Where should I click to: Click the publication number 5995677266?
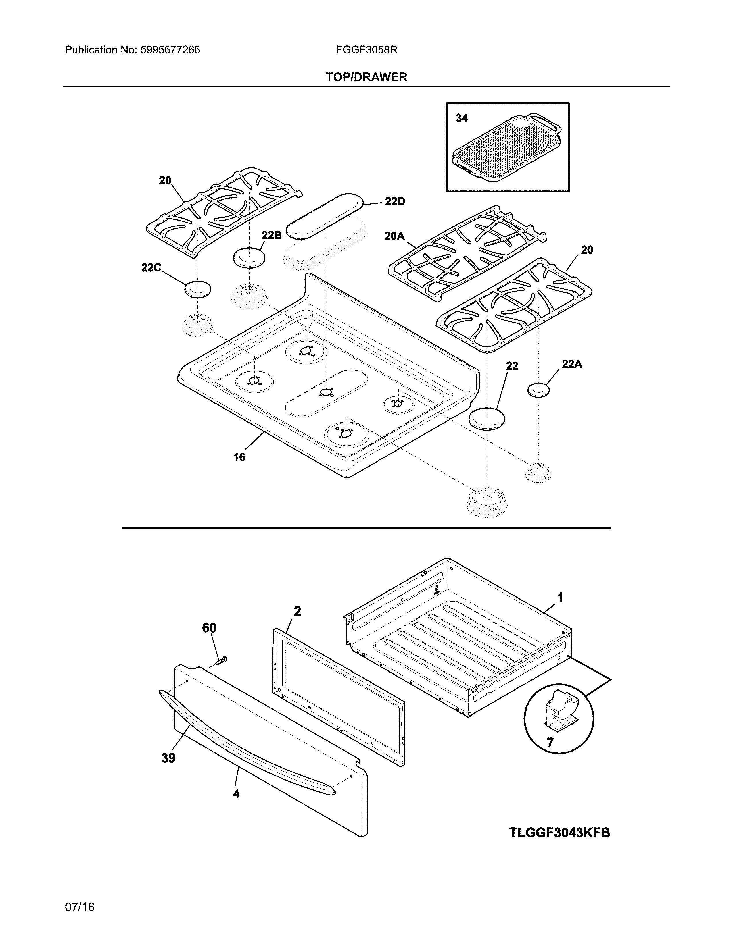click(x=170, y=50)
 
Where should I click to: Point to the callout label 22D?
click(x=394, y=201)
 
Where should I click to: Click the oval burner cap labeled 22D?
click(x=326, y=216)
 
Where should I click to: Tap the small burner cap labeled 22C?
click(x=197, y=289)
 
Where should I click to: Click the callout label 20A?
click(x=394, y=236)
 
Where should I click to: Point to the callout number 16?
click(x=239, y=457)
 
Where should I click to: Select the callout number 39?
click(x=168, y=758)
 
